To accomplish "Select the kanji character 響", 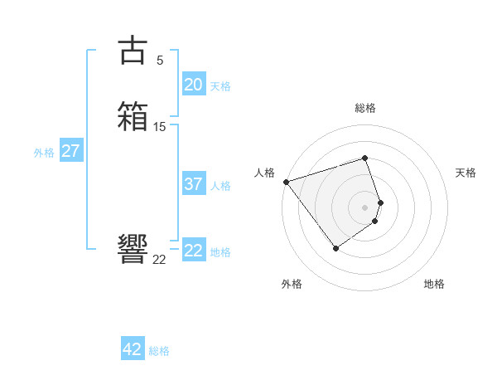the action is pyautogui.click(x=133, y=248).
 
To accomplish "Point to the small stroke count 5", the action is pyautogui.click(x=160, y=60).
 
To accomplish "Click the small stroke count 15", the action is pyautogui.click(x=160, y=127).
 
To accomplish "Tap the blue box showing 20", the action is pyautogui.click(x=194, y=85).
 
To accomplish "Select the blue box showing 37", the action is pyautogui.click(x=194, y=184).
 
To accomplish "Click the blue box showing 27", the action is pyautogui.click(x=71, y=152).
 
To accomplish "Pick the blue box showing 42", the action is pyautogui.click(x=133, y=349).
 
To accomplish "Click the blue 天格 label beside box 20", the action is pyautogui.click(x=220, y=86).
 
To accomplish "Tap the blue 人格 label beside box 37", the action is pyautogui.click(x=220, y=186).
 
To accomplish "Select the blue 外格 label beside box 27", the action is pyautogui.click(x=44, y=153).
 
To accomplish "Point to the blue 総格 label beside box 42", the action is pyautogui.click(x=159, y=351).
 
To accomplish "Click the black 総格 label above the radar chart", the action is pyautogui.click(x=365, y=108).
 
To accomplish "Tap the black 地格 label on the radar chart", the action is pyautogui.click(x=434, y=284).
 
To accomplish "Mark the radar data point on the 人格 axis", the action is pyautogui.click(x=286, y=182).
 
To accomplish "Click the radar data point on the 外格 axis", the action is pyautogui.click(x=335, y=248).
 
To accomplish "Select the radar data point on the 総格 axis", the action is pyautogui.click(x=365, y=158).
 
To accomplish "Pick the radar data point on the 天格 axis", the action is pyautogui.click(x=380, y=202).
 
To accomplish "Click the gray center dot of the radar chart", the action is pyautogui.click(x=365, y=207).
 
